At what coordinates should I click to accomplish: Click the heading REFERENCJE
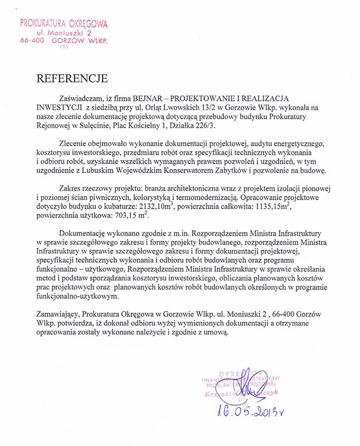click(x=72, y=77)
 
